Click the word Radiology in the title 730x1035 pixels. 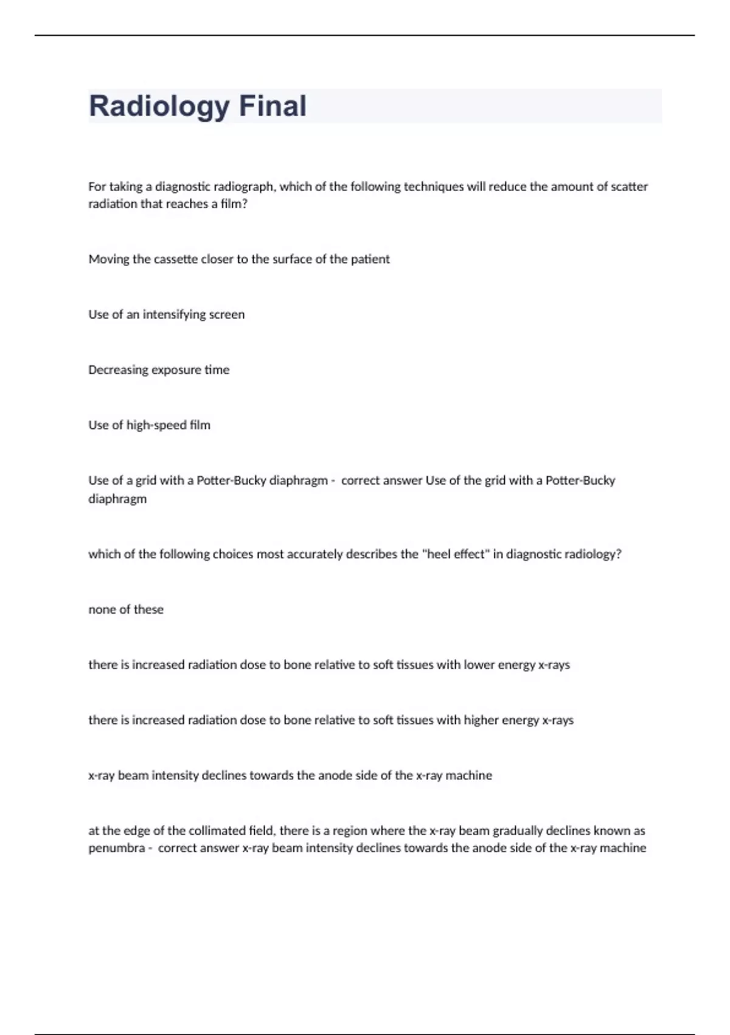[x=158, y=107]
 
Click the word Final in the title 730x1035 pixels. [x=273, y=107]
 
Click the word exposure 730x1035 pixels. [x=176, y=370]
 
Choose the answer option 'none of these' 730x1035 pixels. [x=126, y=609]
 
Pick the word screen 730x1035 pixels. [x=227, y=315]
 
